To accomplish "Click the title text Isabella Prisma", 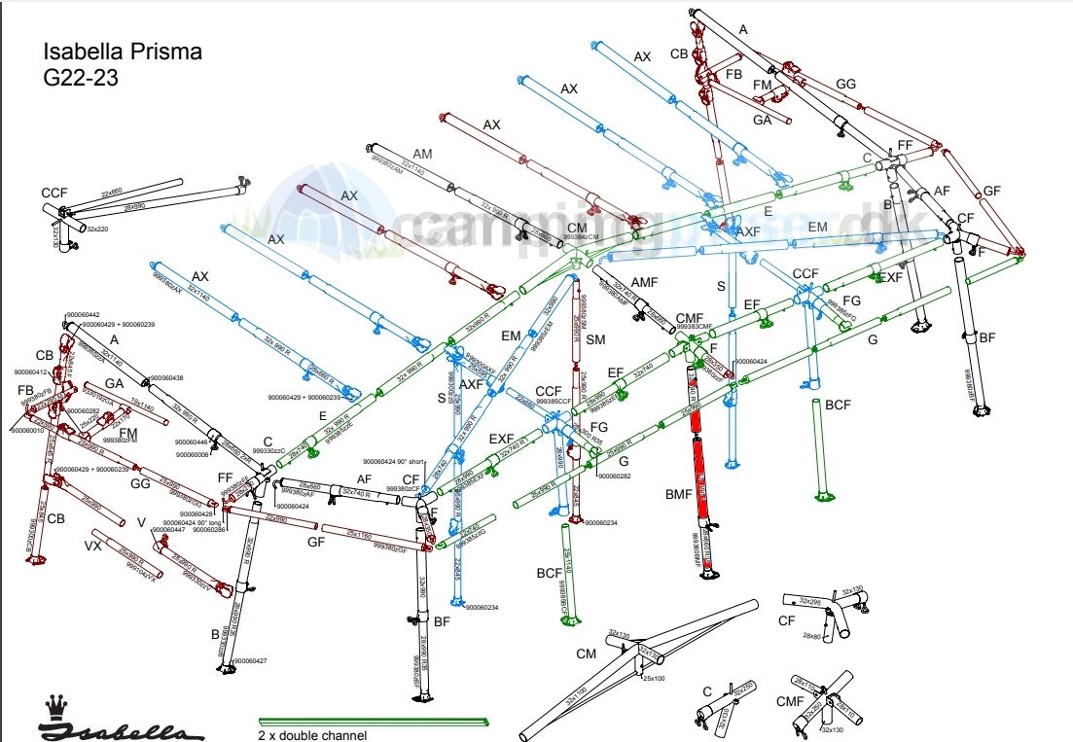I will pyautogui.click(x=123, y=53).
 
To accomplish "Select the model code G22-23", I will pyautogui.click(x=81, y=79).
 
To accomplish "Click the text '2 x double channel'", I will pyautogui.click(x=312, y=735).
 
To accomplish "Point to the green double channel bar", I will pyautogui.click(x=370, y=722).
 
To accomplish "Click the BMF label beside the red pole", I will pyautogui.click(x=678, y=494).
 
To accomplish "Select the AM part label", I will pyautogui.click(x=422, y=155).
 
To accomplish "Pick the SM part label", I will pyautogui.click(x=595, y=339).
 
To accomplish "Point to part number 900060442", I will pyautogui.click(x=83, y=315).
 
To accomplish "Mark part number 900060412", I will pyautogui.click(x=31, y=372).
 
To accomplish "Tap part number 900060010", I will pyautogui.click(x=29, y=430).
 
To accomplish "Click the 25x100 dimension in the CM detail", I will pyautogui.click(x=654, y=678).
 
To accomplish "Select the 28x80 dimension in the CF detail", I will pyautogui.click(x=813, y=635).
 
